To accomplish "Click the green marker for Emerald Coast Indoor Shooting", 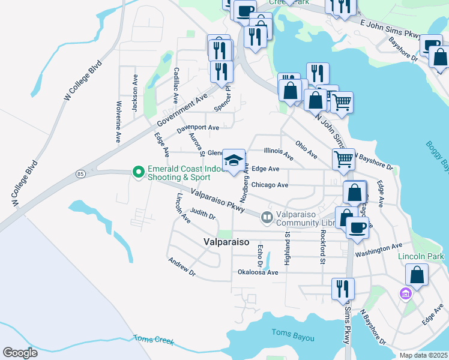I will pos(139,173).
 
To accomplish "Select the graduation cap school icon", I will pos(234,160).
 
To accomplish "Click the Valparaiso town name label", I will pos(222,242).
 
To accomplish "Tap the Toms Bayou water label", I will pos(292,334).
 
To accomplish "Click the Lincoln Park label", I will pos(420,256).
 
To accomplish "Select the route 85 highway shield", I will pos(80,174).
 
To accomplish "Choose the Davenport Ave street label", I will pos(198,128).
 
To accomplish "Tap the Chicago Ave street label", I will pos(270,185).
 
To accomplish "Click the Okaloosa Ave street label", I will pos(258,272).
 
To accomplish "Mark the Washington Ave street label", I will pos(378,250).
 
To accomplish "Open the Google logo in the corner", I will pos(20,352).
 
